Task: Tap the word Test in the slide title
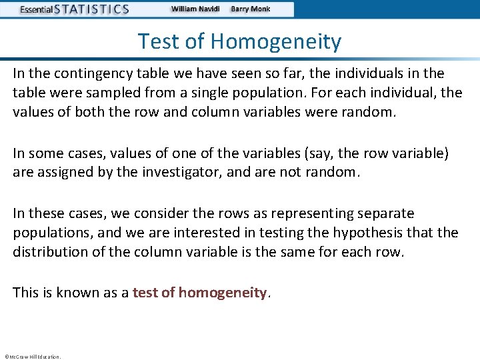[x=161, y=42]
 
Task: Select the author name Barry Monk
[x=251, y=9]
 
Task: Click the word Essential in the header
[x=39, y=10]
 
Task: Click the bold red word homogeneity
[x=223, y=293]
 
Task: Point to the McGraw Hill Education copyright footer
[x=32, y=357]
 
